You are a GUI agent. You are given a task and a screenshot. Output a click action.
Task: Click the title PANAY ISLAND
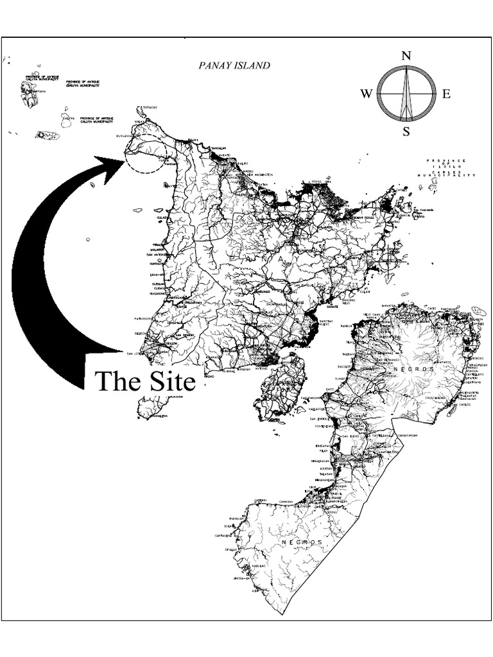click(234, 65)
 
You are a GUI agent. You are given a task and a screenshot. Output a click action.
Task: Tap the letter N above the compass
click(406, 56)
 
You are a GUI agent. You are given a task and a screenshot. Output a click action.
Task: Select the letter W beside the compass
click(367, 94)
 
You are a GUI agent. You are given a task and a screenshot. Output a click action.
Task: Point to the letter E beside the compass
click(446, 94)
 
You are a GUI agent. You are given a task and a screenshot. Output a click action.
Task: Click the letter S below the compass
click(406, 132)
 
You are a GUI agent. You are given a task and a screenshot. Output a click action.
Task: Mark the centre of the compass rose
click(406, 94)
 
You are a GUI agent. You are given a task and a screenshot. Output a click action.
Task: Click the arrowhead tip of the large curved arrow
click(126, 160)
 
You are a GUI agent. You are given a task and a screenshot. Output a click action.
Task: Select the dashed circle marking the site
click(146, 155)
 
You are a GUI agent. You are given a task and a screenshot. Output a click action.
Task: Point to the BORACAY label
click(149, 107)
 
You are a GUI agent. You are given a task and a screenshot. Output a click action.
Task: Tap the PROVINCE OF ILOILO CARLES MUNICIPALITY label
click(449, 168)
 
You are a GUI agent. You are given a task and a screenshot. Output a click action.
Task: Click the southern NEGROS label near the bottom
click(302, 542)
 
